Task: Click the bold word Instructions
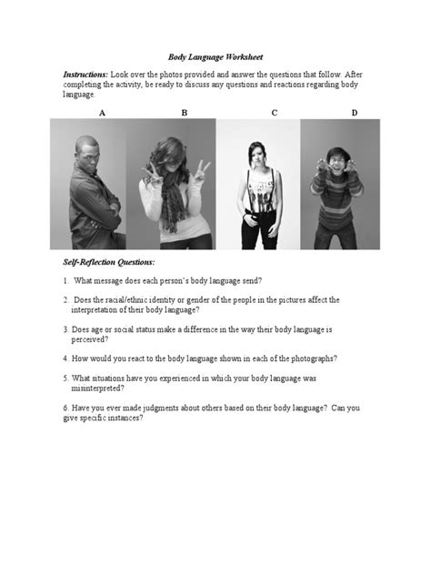point(85,72)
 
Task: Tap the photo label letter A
point(101,112)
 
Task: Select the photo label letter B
point(184,112)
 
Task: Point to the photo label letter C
point(274,112)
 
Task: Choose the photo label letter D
point(355,112)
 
